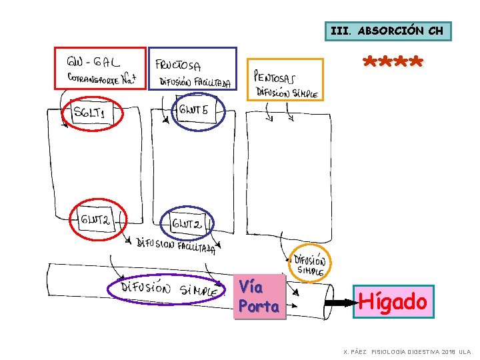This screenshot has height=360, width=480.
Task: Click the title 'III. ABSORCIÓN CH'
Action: click(387, 31)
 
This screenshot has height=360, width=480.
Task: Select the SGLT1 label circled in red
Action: click(89, 114)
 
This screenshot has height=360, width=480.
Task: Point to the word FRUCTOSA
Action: click(178, 65)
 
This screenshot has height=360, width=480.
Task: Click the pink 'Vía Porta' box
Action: click(259, 297)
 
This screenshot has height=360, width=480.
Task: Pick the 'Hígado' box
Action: click(393, 302)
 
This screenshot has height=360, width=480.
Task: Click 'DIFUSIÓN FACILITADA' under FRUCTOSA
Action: click(195, 82)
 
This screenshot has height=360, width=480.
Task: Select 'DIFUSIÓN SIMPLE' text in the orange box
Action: click(287, 93)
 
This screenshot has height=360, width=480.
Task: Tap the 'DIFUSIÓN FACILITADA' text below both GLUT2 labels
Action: click(176, 246)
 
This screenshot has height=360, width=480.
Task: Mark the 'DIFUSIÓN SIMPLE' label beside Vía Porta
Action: click(309, 264)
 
